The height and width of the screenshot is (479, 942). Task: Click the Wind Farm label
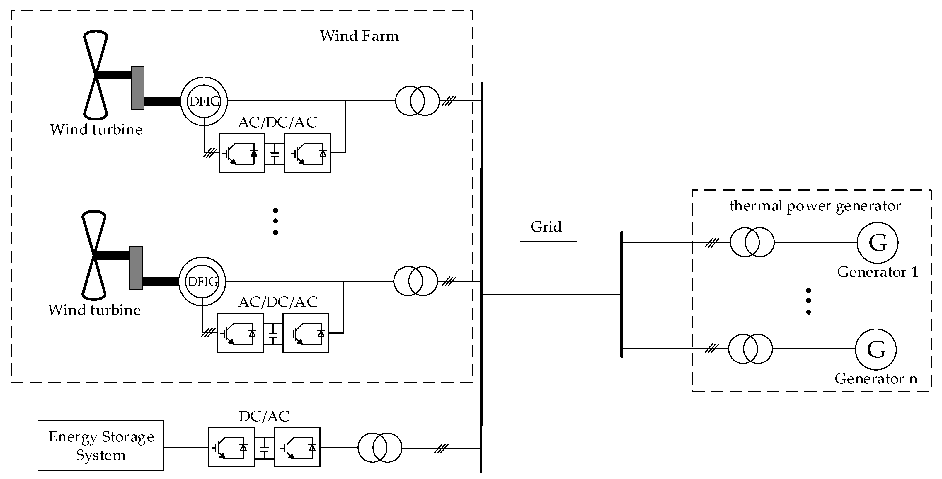coord(359,36)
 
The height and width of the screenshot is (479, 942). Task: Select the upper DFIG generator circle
coord(204,101)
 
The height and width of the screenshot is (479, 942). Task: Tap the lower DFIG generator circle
coord(202,281)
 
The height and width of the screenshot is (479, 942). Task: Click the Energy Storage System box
coord(100,445)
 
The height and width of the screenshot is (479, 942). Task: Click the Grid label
coord(546,227)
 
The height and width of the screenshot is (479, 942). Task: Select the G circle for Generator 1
coord(877,242)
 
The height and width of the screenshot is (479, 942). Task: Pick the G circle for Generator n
coord(876,349)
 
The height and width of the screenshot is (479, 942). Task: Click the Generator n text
coord(876,379)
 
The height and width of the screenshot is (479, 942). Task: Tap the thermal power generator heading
coord(815,206)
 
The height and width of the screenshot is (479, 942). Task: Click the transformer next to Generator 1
coord(752,242)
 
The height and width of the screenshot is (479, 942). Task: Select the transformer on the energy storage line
coord(379,448)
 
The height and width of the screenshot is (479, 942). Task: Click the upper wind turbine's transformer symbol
coord(417,101)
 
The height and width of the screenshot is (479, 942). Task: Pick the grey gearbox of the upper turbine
coord(137,88)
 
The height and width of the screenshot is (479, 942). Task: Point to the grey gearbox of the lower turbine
coord(136,268)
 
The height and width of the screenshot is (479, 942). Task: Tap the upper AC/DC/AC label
coord(277,123)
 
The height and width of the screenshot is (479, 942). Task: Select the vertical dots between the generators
coord(808,301)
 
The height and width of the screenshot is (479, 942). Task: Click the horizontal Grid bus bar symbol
coord(548,242)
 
